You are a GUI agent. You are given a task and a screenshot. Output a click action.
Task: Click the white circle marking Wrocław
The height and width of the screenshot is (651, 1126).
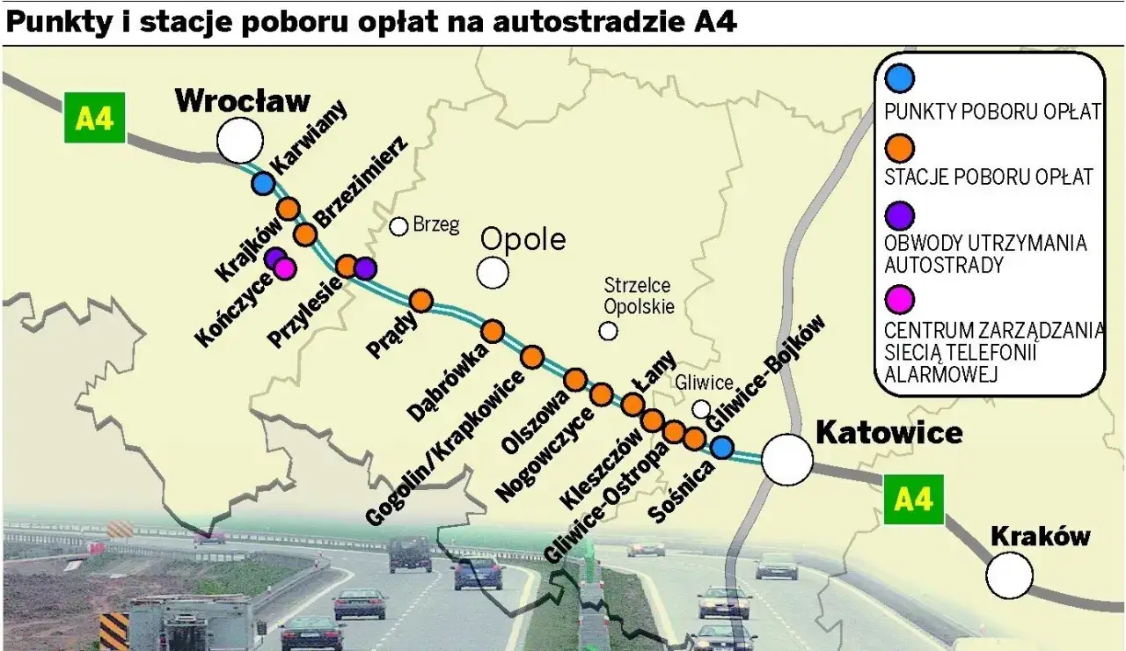point(239,140)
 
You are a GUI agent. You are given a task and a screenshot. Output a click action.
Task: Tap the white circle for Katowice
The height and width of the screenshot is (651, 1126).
point(786,459)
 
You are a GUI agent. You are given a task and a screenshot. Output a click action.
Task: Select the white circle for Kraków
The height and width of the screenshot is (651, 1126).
point(1009,576)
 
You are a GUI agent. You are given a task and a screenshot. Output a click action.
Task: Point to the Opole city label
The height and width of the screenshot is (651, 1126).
point(523,240)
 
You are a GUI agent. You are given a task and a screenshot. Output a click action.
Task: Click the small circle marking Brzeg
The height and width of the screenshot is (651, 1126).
point(398,226)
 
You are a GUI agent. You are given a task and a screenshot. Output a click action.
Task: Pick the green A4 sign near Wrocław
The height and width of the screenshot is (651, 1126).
point(95,118)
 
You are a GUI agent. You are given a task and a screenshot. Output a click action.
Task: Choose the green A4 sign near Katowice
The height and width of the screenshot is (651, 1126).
point(912,500)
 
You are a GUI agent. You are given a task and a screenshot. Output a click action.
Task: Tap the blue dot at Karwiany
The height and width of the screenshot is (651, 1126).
point(262,184)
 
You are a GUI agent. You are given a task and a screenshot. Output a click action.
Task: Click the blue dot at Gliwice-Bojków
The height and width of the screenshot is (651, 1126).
point(722,448)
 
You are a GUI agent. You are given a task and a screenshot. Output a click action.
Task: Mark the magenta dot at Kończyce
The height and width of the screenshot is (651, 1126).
point(285,268)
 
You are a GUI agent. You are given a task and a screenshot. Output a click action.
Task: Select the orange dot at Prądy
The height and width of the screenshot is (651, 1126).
point(421,301)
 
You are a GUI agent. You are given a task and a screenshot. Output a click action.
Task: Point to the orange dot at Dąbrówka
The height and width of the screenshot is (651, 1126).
point(492,332)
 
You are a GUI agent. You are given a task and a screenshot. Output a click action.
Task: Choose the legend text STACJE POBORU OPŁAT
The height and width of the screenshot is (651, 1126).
point(988,177)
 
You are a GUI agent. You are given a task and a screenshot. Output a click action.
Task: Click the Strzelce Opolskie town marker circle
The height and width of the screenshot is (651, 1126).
point(608,331)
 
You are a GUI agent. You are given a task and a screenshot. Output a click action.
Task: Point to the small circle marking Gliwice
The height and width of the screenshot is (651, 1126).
point(701,408)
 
